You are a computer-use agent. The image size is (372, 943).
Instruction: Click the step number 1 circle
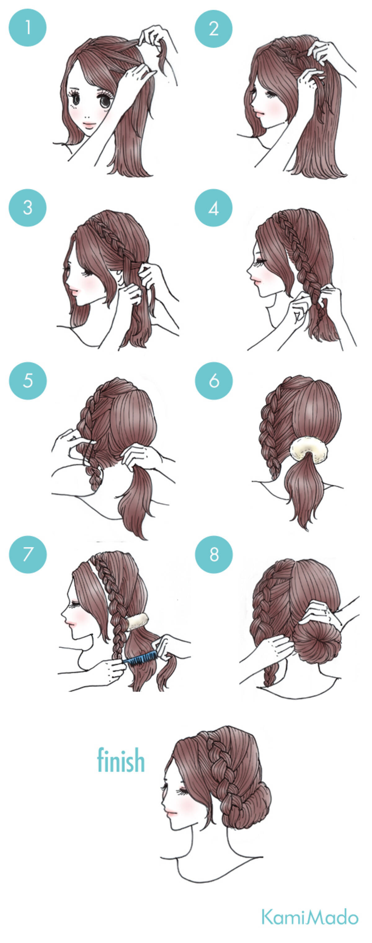(27, 28)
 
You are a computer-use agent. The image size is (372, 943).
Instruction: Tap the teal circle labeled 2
(214, 29)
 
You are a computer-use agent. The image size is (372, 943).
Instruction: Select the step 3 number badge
(27, 208)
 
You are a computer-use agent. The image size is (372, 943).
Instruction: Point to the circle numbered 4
(214, 208)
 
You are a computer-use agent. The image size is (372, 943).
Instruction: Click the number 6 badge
(214, 381)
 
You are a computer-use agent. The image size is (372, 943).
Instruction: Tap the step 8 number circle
(214, 554)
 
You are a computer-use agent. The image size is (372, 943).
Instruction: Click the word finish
(121, 760)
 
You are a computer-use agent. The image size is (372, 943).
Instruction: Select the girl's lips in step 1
(89, 124)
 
